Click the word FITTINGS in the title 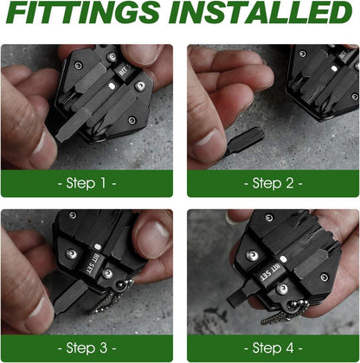coord(84,12)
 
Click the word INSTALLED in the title coord(261,12)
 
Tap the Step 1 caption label coord(87,183)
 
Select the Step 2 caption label coord(273,183)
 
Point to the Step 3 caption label coord(87,348)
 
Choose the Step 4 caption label coord(273,348)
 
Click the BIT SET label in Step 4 coord(270,272)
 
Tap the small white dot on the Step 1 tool coord(112,86)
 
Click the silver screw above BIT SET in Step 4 coord(253,255)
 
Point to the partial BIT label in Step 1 coord(124,70)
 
